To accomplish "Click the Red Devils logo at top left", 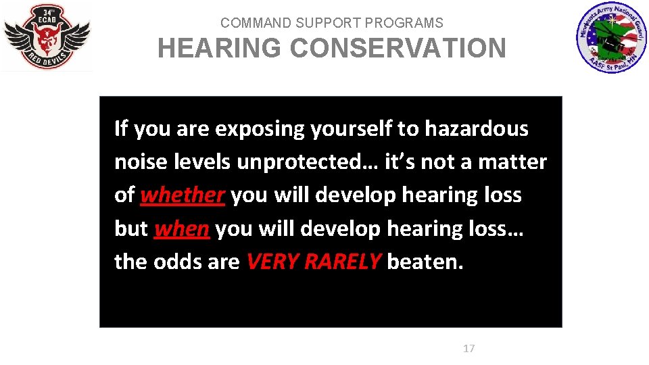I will (x=47, y=37).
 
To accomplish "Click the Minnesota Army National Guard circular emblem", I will (x=610, y=38).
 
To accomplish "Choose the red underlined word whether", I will (x=182, y=195).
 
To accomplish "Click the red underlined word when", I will (x=181, y=228).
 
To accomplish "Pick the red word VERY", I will (x=273, y=262).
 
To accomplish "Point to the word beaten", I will (x=425, y=262).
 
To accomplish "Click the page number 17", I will (x=468, y=349).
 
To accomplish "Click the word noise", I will (x=139, y=162).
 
